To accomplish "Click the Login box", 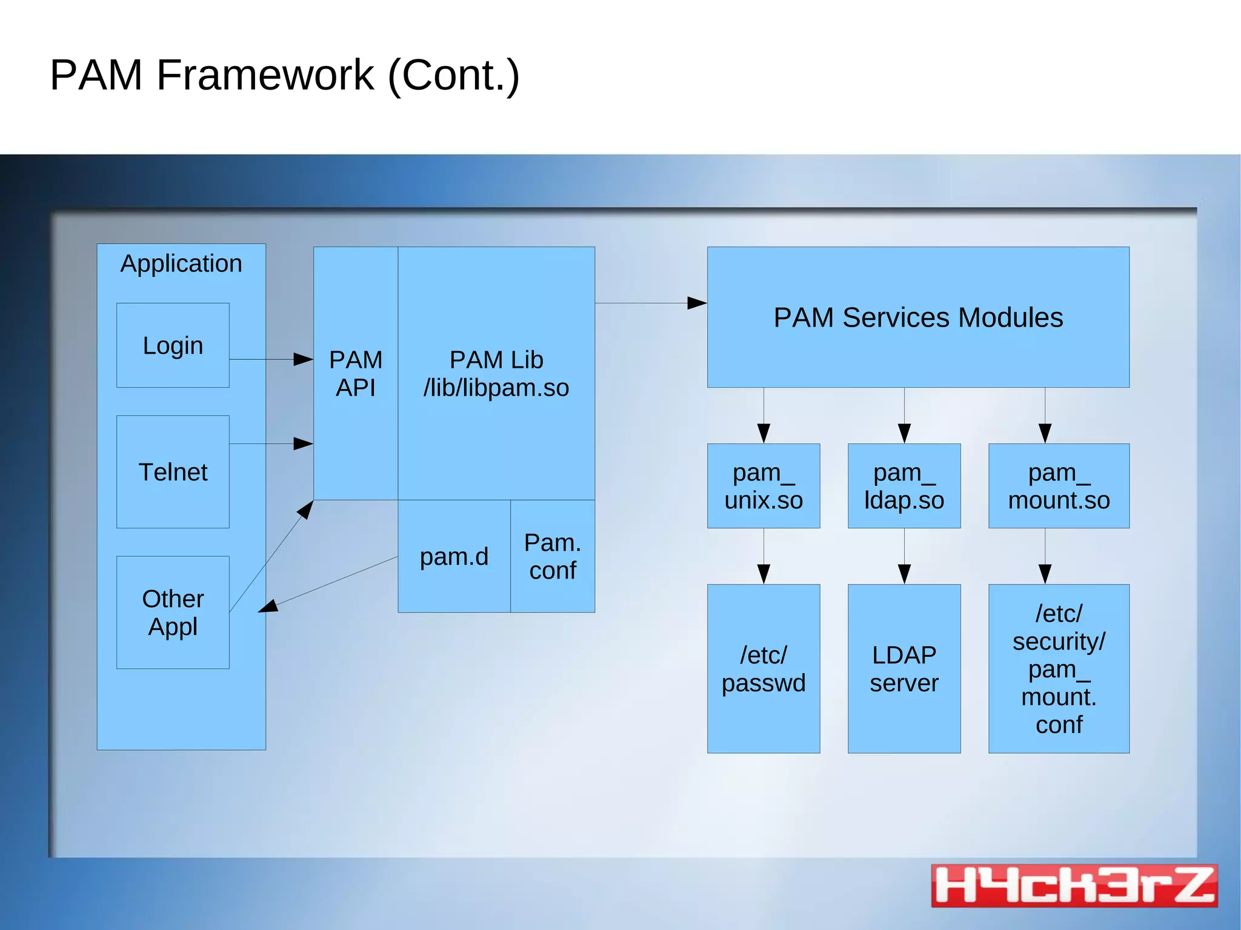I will pos(173,345).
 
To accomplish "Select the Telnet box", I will pos(173,471).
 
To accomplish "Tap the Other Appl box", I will pos(173,612).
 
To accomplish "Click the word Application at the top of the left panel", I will pos(181,264).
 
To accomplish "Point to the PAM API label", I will pos(356,373).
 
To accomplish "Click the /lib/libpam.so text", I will pos(496,388).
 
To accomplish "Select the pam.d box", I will pos(454,556).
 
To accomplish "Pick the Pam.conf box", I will pos(553,556).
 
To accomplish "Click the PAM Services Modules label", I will pos(918,317).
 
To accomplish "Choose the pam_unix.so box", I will pos(764,486).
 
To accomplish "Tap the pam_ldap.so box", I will pos(904,486).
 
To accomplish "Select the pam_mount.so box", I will pos(1059,486).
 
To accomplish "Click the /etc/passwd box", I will pos(764,668).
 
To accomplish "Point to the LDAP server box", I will pos(904,668).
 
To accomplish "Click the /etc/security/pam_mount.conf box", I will pos(1059,668).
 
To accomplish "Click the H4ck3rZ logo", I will pos(1074,885).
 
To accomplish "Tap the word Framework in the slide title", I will pos(265,75).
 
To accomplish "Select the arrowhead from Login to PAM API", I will pos(303,359).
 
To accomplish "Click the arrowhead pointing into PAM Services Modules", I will pos(697,303).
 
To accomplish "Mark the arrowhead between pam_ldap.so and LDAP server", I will pos(904,573).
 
